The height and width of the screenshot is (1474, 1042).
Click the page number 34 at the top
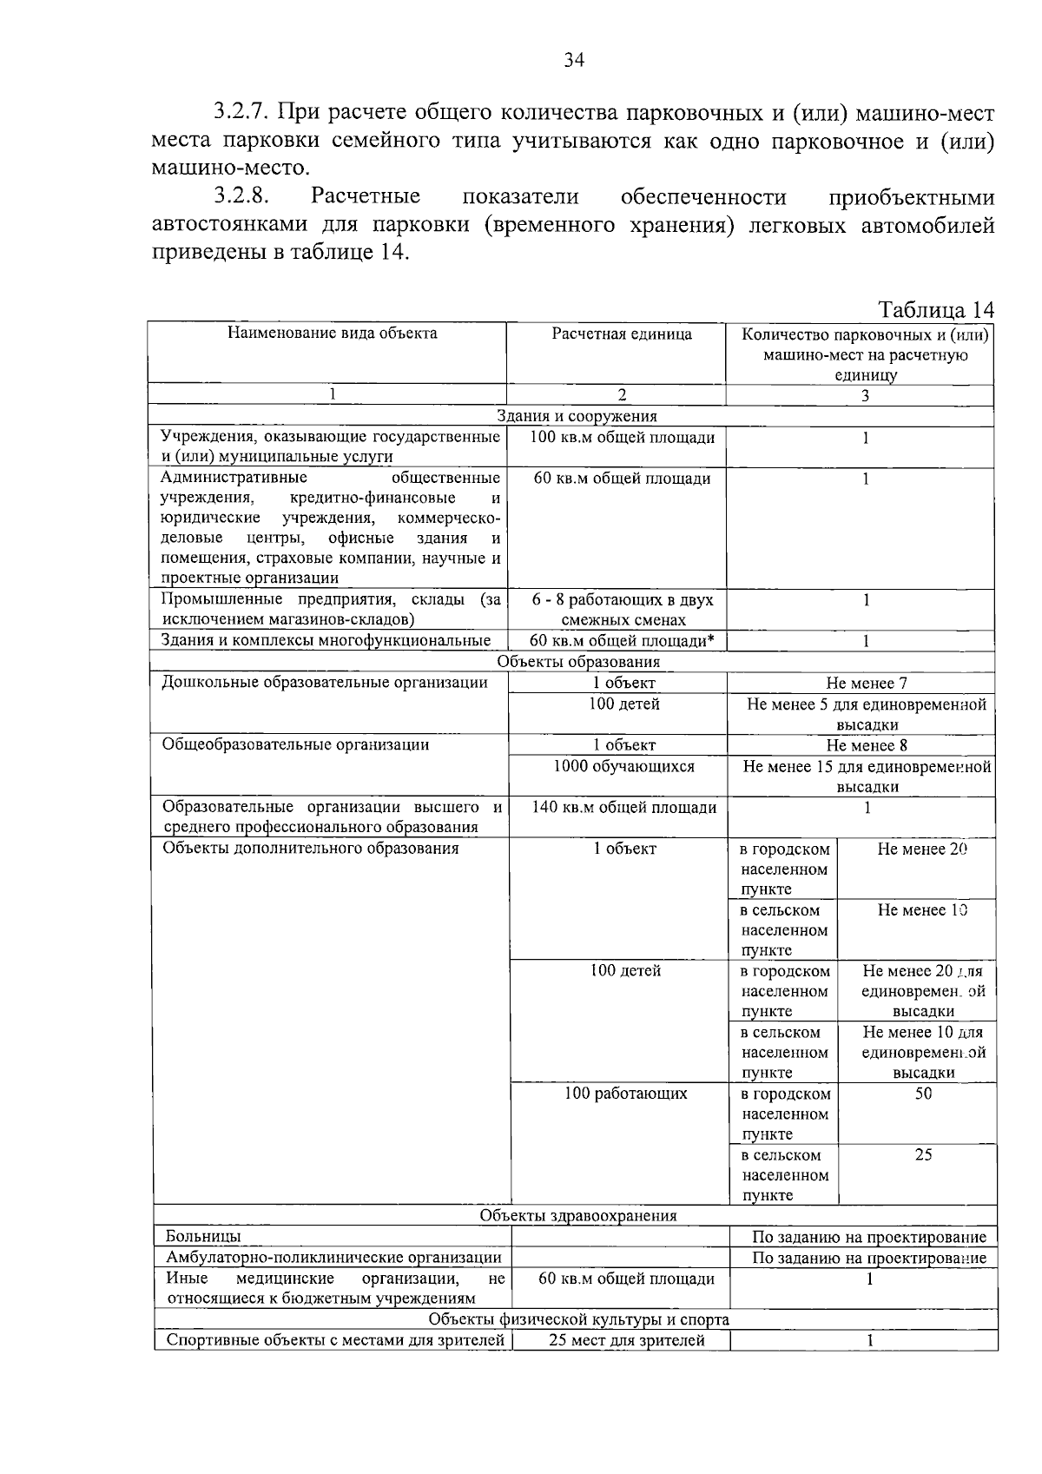(574, 60)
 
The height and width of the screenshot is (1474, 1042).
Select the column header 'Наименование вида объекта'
(332, 334)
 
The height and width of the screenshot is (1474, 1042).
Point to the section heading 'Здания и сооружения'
(577, 417)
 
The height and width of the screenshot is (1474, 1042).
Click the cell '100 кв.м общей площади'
(622, 438)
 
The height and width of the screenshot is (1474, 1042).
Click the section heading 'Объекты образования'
(578, 662)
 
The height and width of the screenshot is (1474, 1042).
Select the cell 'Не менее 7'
(867, 684)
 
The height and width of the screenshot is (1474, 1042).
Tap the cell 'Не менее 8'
(867, 745)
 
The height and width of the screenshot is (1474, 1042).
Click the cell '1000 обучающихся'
(623, 766)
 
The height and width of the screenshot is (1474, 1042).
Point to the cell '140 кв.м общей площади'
(623, 808)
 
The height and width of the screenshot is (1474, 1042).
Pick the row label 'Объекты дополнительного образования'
(311, 849)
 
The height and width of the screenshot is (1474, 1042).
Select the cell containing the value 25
(923, 1155)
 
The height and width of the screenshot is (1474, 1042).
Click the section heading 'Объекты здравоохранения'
(578, 1216)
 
